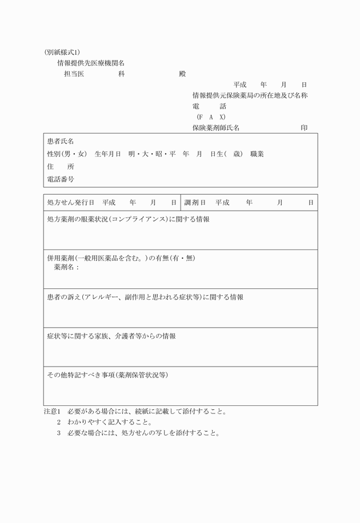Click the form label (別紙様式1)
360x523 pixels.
(x=66, y=52)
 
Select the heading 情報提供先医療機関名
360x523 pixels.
(x=90, y=63)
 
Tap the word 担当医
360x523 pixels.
(x=74, y=74)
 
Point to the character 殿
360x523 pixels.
(x=182, y=74)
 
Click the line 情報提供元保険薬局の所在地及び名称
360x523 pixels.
(x=250, y=95)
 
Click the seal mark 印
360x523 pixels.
(x=304, y=128)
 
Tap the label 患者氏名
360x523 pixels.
(x=61, y=141)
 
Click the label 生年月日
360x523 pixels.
(x=107, y=154)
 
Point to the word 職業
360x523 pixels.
(x=257, y=154)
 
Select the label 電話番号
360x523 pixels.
(x=61, y=179)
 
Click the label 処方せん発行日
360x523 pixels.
(x=70, y=203)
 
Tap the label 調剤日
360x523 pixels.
(x=195, y=203)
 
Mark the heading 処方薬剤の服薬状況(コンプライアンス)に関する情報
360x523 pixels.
(x=128, y=219)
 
